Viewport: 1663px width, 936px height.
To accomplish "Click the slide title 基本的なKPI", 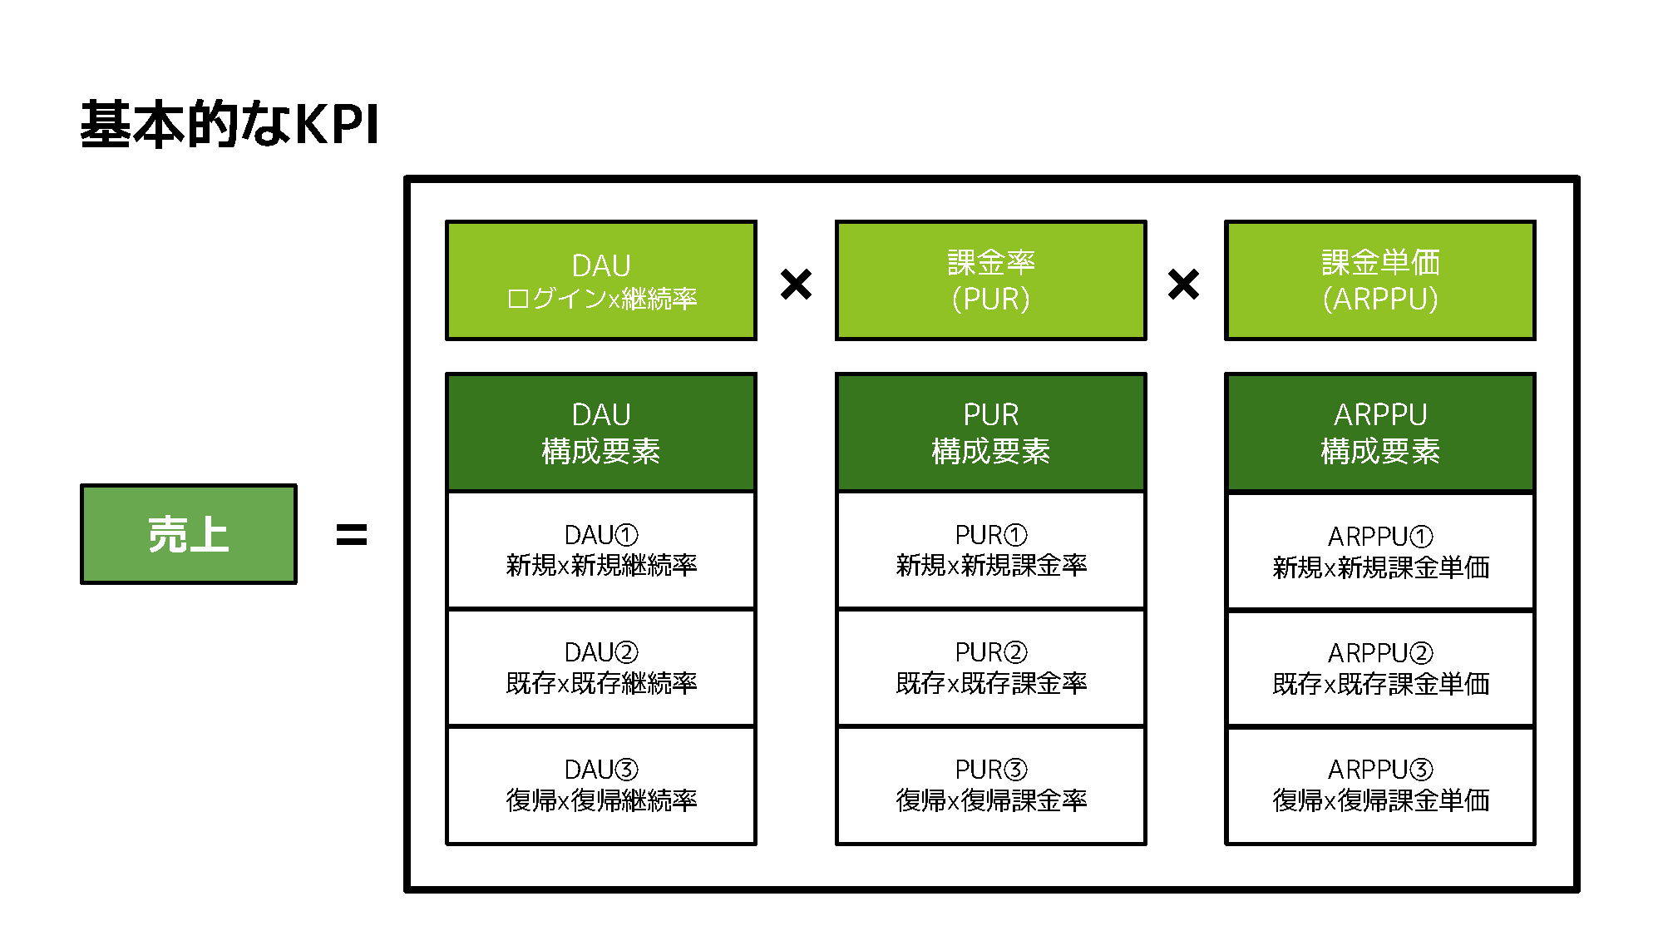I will [229, 124].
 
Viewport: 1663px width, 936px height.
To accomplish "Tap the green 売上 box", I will [189, 534].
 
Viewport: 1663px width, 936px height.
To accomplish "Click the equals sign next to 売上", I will [351, 535].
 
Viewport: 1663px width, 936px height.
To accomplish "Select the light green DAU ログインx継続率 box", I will [601, 280].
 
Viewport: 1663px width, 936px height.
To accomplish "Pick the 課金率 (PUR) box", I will [990, 280].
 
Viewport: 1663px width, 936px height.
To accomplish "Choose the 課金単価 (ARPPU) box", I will [1379, 280].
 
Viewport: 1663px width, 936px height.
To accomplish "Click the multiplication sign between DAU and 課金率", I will [796, 285].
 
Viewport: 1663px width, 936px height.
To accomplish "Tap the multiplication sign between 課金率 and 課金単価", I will [1183, 285].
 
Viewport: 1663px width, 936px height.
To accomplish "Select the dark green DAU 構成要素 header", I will [601, 433].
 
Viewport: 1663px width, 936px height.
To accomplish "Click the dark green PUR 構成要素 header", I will [990, 433].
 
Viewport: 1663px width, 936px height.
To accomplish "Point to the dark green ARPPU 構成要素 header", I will [1379, 433].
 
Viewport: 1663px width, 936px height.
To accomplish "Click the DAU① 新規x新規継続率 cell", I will [601, 550].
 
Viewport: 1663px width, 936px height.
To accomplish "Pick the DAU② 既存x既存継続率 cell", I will [601, 667].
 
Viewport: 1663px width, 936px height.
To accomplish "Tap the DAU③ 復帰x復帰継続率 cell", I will [601, 785].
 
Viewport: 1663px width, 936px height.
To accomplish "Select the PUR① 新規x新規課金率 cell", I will [990, 550].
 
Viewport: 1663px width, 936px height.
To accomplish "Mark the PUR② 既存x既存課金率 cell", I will [990, 667].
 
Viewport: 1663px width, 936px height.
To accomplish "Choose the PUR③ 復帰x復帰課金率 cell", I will [990, 785].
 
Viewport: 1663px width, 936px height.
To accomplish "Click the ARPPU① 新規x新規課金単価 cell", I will [1379, 551].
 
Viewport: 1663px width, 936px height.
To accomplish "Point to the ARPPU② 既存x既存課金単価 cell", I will [1379, 668].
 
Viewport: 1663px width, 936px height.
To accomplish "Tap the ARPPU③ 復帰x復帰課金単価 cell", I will [1379, 785].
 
